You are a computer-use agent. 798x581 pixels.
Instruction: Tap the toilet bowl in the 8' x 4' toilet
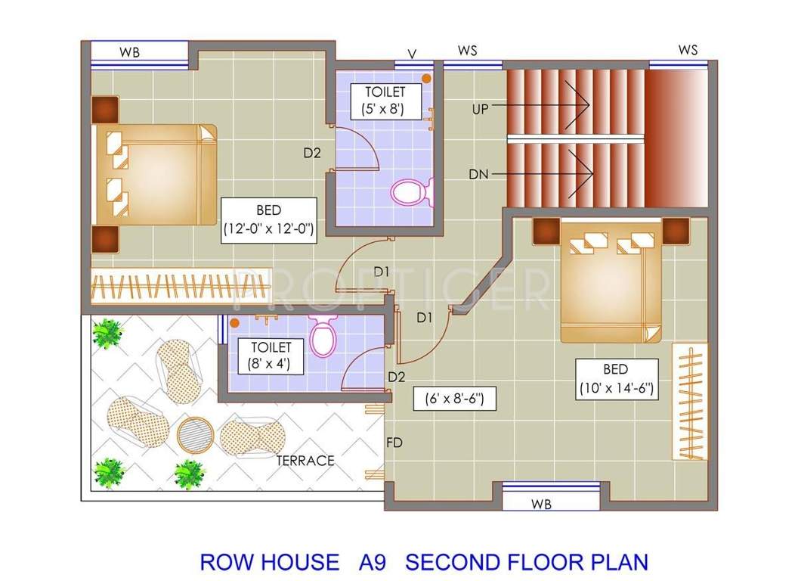coord(323,337)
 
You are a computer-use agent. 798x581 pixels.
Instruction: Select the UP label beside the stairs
coord(480,108)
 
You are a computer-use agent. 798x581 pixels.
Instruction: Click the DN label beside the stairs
coord(478,174)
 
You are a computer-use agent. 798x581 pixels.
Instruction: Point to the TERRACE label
coord(305,460)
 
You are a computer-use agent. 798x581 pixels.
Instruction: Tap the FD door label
coord(394,442)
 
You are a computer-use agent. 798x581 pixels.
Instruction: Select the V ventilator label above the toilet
coord(412,54)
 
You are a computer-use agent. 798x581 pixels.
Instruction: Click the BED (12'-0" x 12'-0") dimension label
coord(268,219)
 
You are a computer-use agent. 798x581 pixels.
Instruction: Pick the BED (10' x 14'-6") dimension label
coord(616,380)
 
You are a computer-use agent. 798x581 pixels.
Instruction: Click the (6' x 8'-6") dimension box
coord(455,397)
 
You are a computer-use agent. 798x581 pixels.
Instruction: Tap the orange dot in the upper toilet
coord(426,78)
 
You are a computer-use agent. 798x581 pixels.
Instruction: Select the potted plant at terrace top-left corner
coord(107,332)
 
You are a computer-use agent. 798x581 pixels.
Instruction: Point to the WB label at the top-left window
coord(129,53)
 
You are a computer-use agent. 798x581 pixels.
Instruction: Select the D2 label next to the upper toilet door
coord(312,153)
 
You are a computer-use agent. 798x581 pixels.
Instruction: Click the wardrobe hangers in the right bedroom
coord(689,401)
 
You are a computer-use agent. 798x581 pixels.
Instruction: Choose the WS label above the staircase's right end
coord(688,50)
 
